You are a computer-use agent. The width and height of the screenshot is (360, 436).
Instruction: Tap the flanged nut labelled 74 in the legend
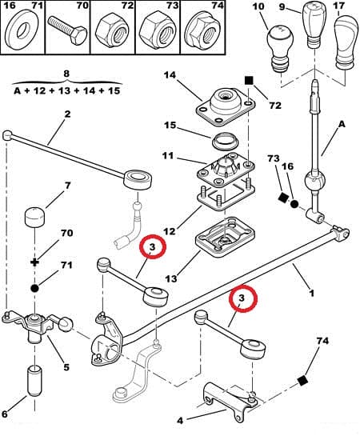click(202, 31)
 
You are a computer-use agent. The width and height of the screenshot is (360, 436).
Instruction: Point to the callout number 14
click(170, 75)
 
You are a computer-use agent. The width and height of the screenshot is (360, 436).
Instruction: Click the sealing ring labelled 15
click(226, 142)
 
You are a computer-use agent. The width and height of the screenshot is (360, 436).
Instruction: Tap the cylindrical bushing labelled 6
click(34, 382)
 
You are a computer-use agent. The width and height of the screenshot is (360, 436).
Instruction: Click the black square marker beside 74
click(302, 380)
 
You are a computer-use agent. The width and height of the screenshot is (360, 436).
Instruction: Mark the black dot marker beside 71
click(34, 288)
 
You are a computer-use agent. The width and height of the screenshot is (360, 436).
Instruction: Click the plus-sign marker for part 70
click(34, 262)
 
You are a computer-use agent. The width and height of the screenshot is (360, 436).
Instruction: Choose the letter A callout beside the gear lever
click(342, 124)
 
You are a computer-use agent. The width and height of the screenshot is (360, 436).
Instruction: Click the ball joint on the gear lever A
click(315, 182)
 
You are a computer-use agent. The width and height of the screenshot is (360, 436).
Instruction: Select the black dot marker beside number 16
click(294, 204)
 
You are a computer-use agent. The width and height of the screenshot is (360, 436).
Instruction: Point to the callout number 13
click(170, 278)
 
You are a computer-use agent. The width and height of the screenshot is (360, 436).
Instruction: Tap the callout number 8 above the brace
click(66, 74)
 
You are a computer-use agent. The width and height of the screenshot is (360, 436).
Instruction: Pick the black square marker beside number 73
click(283, 198)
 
